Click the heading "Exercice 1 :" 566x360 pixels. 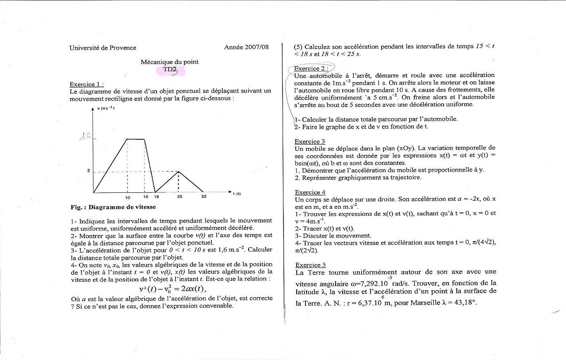[x=87, y=84]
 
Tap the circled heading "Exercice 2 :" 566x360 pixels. [x=311, y=69]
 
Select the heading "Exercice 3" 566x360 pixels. [x=310, y=142]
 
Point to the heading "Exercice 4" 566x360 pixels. [x=310, y=192]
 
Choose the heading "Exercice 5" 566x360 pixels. [x=310, y=265]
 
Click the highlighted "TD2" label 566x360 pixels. [x=170, y=69]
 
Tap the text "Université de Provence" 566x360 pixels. [x=103, y=48]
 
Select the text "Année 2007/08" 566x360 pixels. [x=246, y=47]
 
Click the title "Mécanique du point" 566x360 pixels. [x=169, y=62]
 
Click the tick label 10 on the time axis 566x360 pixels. [x=127, y=197]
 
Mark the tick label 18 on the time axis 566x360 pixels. [x=157, y=197]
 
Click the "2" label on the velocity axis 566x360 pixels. [x=88, y=171]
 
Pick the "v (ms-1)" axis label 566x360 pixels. [x=106, y=109]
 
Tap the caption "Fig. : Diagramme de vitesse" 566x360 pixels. [x=113, y=207]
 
